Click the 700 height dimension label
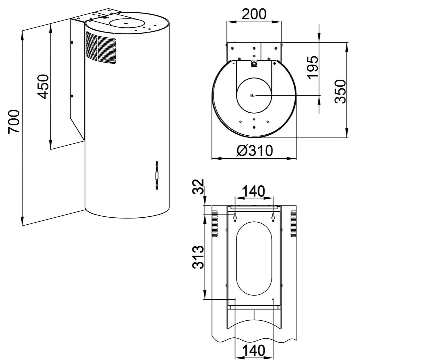tap(14, 121)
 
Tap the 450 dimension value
tap(43, 86)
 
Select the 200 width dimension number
tap(254, 14)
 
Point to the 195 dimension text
tap(313, 67)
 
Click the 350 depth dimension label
tap(340, 91)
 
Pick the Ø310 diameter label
tap(255, 150)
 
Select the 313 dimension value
tap(198, 257)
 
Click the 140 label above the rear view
tap(254, 191)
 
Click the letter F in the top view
tap(253, 95)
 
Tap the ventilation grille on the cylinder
tap(101, 47)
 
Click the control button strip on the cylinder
tap(157, 176)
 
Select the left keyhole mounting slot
tap(235, 217)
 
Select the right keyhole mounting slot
tap(273, 217)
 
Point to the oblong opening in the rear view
tap(254, 258)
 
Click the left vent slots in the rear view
tap(215, 224)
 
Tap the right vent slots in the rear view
tap(293, 224)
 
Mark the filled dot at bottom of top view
tap(254, 127)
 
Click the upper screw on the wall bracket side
tap(72, 42)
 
